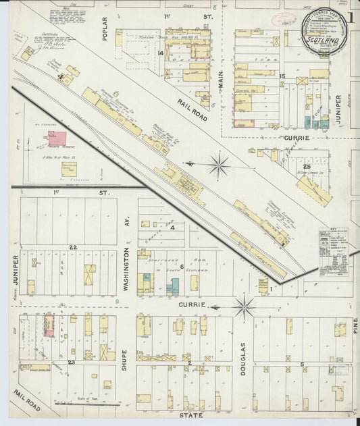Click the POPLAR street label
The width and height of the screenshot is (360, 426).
tap(105, 29)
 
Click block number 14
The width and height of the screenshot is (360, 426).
tap(161, 53)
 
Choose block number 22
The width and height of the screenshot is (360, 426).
tap(73, 248)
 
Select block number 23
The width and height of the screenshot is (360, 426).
tap(70, 363)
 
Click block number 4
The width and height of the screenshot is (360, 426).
tap(173, 228)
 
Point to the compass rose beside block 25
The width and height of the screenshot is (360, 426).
tap(219, 164)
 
